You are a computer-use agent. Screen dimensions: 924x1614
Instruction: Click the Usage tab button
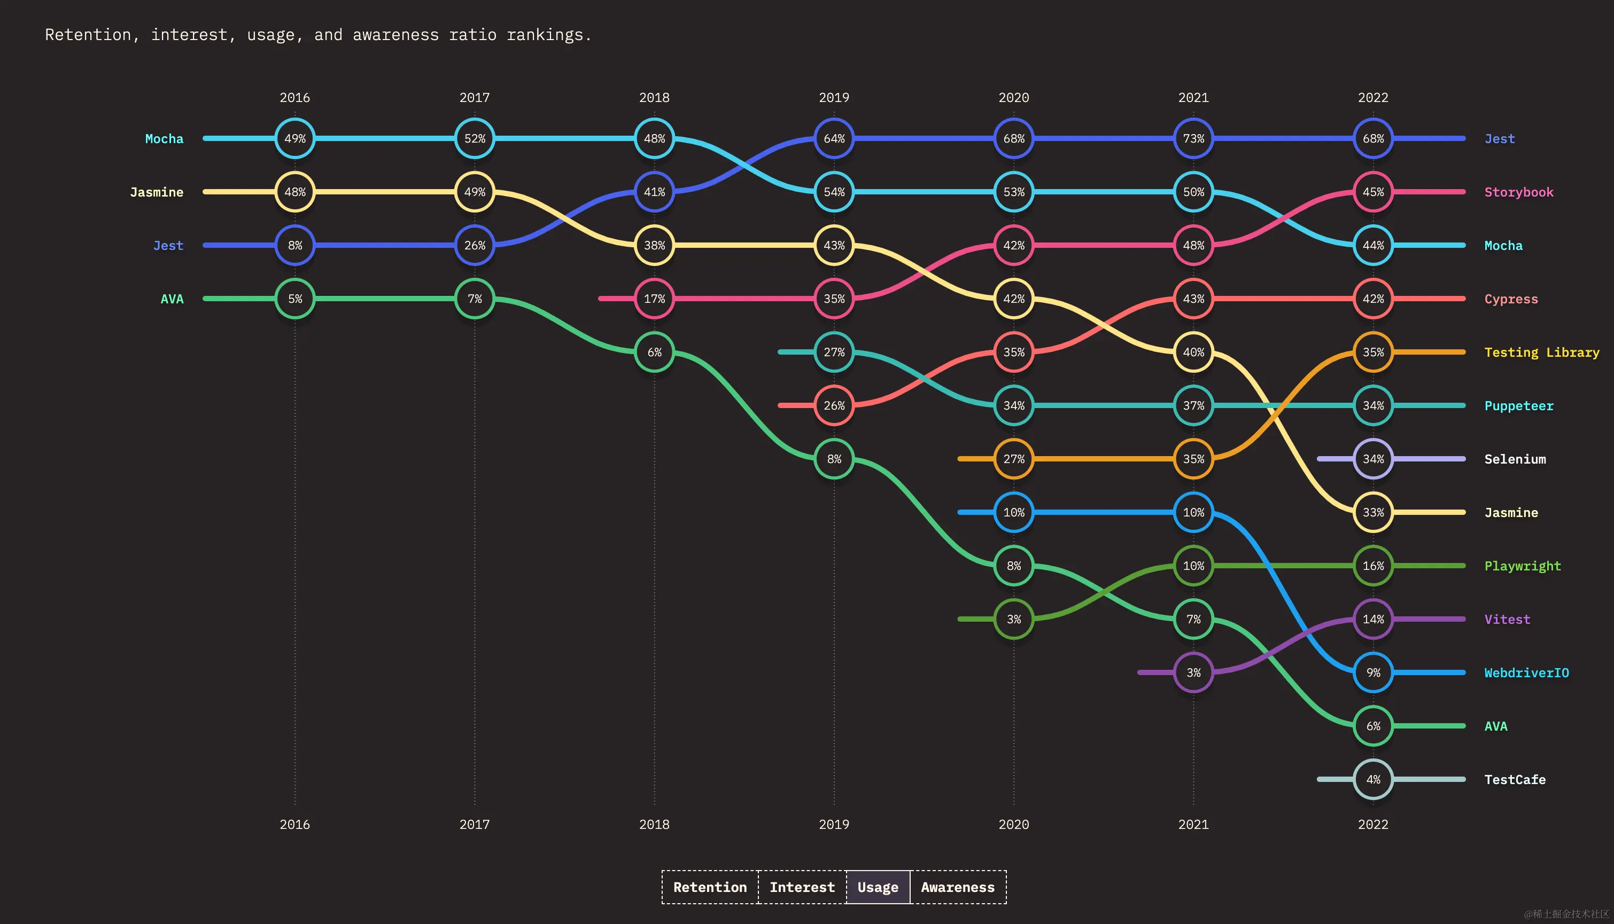click(878, 887)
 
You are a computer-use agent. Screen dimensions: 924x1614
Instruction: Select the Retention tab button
click(710, 887)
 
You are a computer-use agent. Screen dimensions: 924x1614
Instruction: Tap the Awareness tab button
click(958, 887)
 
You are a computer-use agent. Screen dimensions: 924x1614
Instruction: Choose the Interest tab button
click(802, 887)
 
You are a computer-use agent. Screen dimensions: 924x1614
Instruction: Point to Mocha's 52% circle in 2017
click(474, 138)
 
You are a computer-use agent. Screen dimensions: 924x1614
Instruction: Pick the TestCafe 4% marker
click(1373, 779)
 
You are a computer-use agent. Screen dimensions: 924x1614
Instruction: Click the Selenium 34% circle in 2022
click(1373, 459)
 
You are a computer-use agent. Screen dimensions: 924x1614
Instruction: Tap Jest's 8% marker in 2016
click(294, 245)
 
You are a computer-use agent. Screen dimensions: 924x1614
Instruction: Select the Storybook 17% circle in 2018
click(654, 298)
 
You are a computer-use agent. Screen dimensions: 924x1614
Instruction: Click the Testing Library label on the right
click(1541, 352)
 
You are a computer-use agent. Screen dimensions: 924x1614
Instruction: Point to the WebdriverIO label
click(1526, 672)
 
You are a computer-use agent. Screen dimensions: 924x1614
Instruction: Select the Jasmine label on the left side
click(156, 192)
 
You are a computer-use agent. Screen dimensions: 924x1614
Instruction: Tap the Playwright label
click(1522, 566)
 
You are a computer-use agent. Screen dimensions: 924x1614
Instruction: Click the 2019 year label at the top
click(834, 98)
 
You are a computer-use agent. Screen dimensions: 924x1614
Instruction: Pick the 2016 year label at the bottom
click(294, 824)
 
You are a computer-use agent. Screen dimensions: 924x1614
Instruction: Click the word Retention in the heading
click(88, 35)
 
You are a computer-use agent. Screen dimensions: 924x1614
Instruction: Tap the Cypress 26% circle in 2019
click(834, 405)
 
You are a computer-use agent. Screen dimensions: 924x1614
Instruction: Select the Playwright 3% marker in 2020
click(1013, 618)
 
